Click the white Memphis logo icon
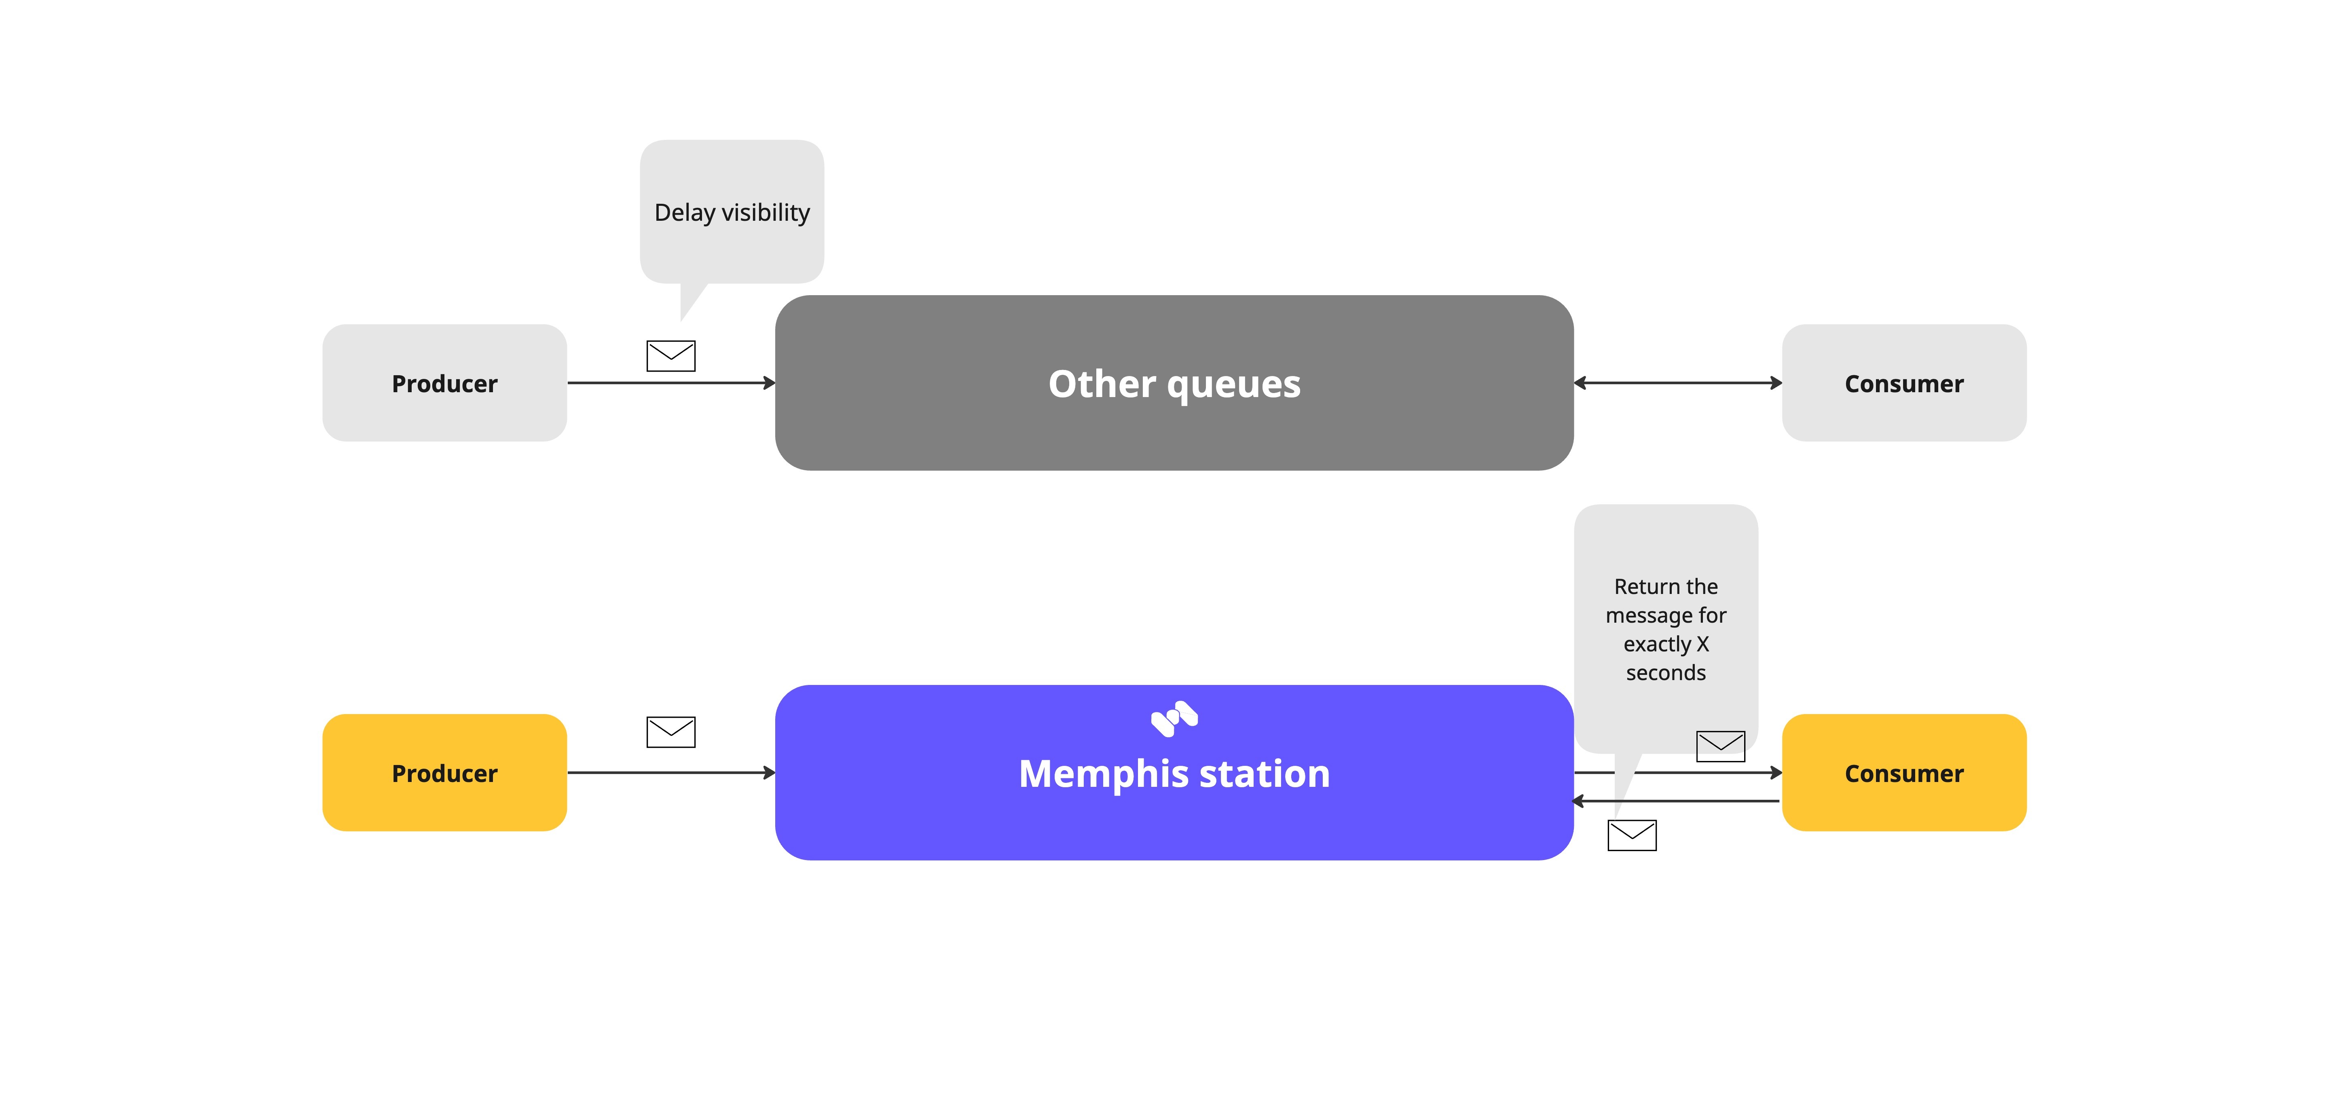(1174, 719)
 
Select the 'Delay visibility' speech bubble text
(732, 213)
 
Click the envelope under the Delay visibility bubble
(671, 356)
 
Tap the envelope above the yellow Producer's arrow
(671, 732)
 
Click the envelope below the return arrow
(1632, 835)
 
